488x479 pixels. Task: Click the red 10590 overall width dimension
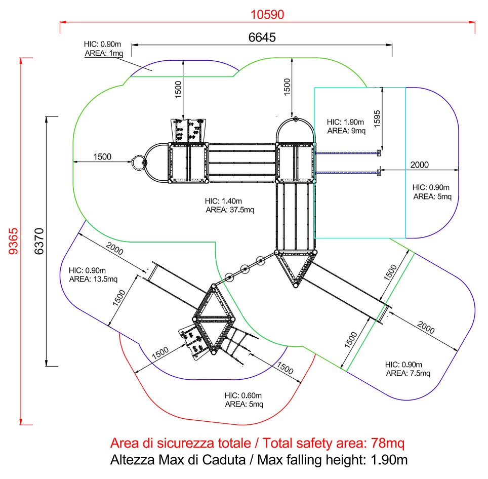pyautogui.click(x=267, y=15)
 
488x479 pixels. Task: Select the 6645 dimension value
pyautogui.click(x=262, y=37)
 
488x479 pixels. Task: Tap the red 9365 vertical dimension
pyautogui.click(x=13, y=241)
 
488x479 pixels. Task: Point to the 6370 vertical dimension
pyautogui.click(x=39, y=241)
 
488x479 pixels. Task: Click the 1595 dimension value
pyautogui.click(x=377, y=119)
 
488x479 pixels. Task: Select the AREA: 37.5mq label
pyautogui.click(x=230, y=210)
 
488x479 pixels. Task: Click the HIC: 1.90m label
pyautogui.click(x=345, y=122)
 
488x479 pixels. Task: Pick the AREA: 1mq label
pyautogui.click(x=104, y=53)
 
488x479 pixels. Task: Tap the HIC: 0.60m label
pyautogui.click(x=243, y=395)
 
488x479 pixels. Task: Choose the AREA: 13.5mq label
pyautogui.click(x=93, y=279)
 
